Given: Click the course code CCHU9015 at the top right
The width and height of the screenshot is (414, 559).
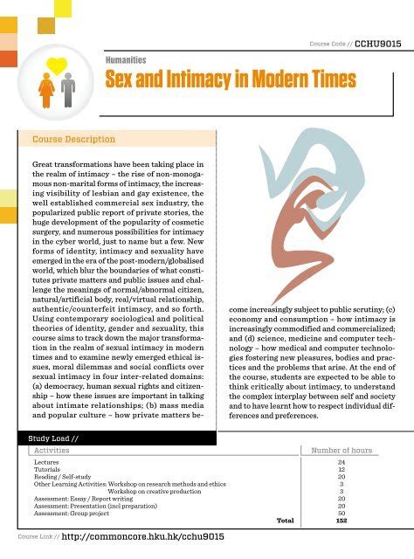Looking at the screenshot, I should pyautogui.click(x=378, y=44).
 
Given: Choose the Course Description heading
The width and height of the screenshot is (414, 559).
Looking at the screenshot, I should pyautogui.click(x=73, y=139).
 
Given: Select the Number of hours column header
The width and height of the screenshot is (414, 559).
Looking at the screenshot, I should pyautogui.click(x=342, y=451).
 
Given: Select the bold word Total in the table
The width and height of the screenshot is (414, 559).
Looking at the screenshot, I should pyautogui.click(x=285, y=521).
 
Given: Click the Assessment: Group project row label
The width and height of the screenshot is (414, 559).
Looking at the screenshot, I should pyautogui.click(x=79, y=513).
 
